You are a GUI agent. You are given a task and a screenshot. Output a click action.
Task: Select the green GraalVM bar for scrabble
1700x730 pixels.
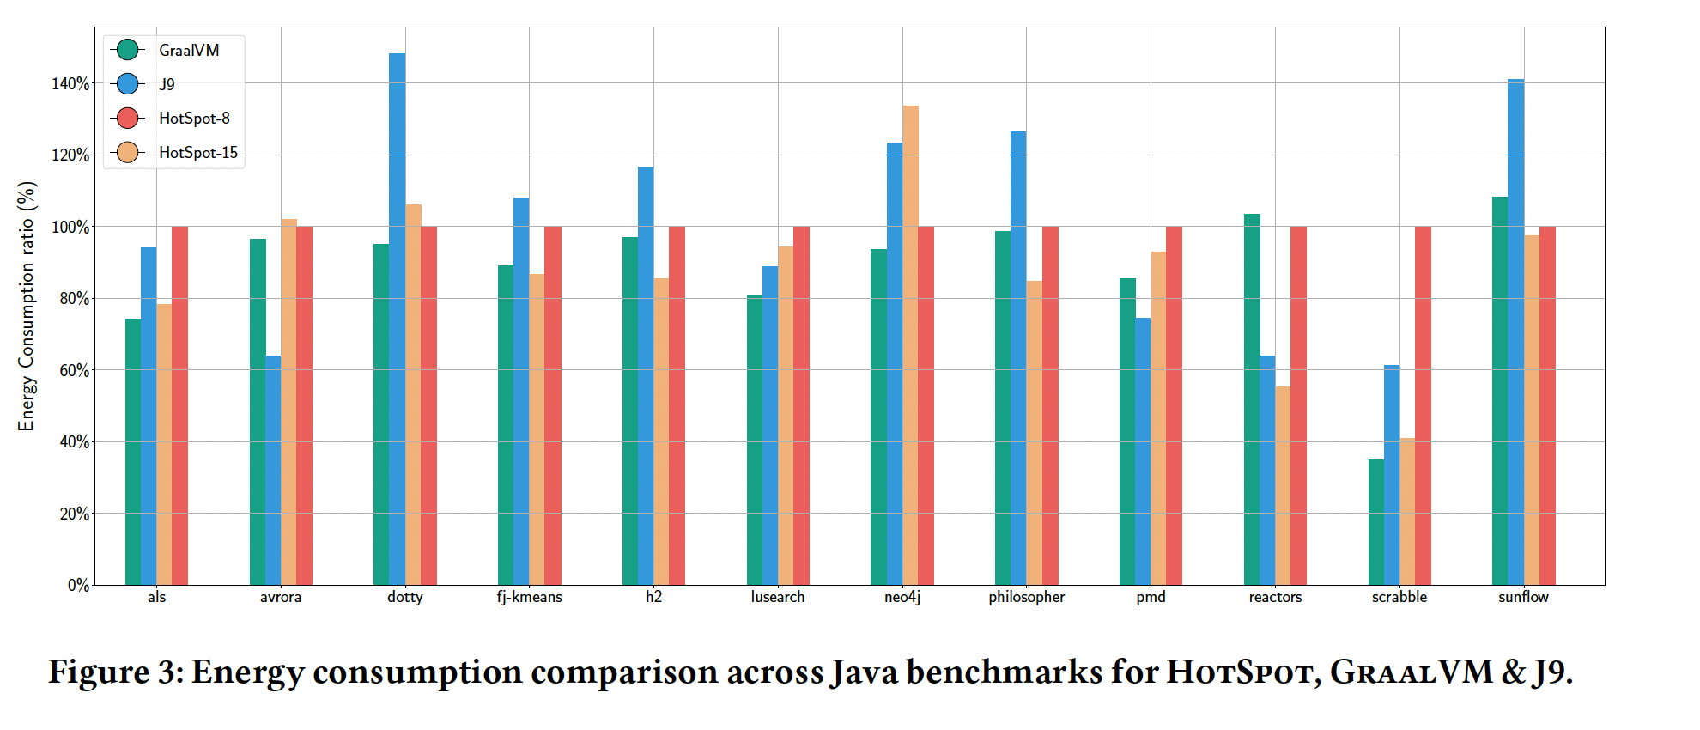[1375, 522]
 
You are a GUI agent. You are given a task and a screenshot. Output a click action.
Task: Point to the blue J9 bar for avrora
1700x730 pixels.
[273, 471]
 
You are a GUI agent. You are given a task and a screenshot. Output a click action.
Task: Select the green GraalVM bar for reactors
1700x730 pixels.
[1252, 399]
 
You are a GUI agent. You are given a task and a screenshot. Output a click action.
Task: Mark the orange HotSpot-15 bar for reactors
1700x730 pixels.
[1283, 486]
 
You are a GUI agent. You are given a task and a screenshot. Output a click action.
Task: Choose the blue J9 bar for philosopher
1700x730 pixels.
[1018, 358]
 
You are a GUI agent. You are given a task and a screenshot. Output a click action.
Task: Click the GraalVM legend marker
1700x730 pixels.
[127, 50]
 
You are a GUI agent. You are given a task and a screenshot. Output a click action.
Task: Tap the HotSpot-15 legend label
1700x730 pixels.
[198, 153]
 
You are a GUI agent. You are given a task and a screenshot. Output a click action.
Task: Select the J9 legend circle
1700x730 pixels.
[127, 84]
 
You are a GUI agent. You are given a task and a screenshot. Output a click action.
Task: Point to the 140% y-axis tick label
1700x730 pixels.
[70, 84]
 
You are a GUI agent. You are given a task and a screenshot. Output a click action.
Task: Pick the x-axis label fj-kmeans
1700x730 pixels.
[529, 597]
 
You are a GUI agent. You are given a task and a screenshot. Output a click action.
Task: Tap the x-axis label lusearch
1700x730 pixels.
[778, 597]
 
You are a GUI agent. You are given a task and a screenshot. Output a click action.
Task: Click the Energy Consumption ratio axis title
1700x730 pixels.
[27, 307]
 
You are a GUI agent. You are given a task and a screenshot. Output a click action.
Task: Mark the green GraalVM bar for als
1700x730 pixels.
[133, 452]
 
